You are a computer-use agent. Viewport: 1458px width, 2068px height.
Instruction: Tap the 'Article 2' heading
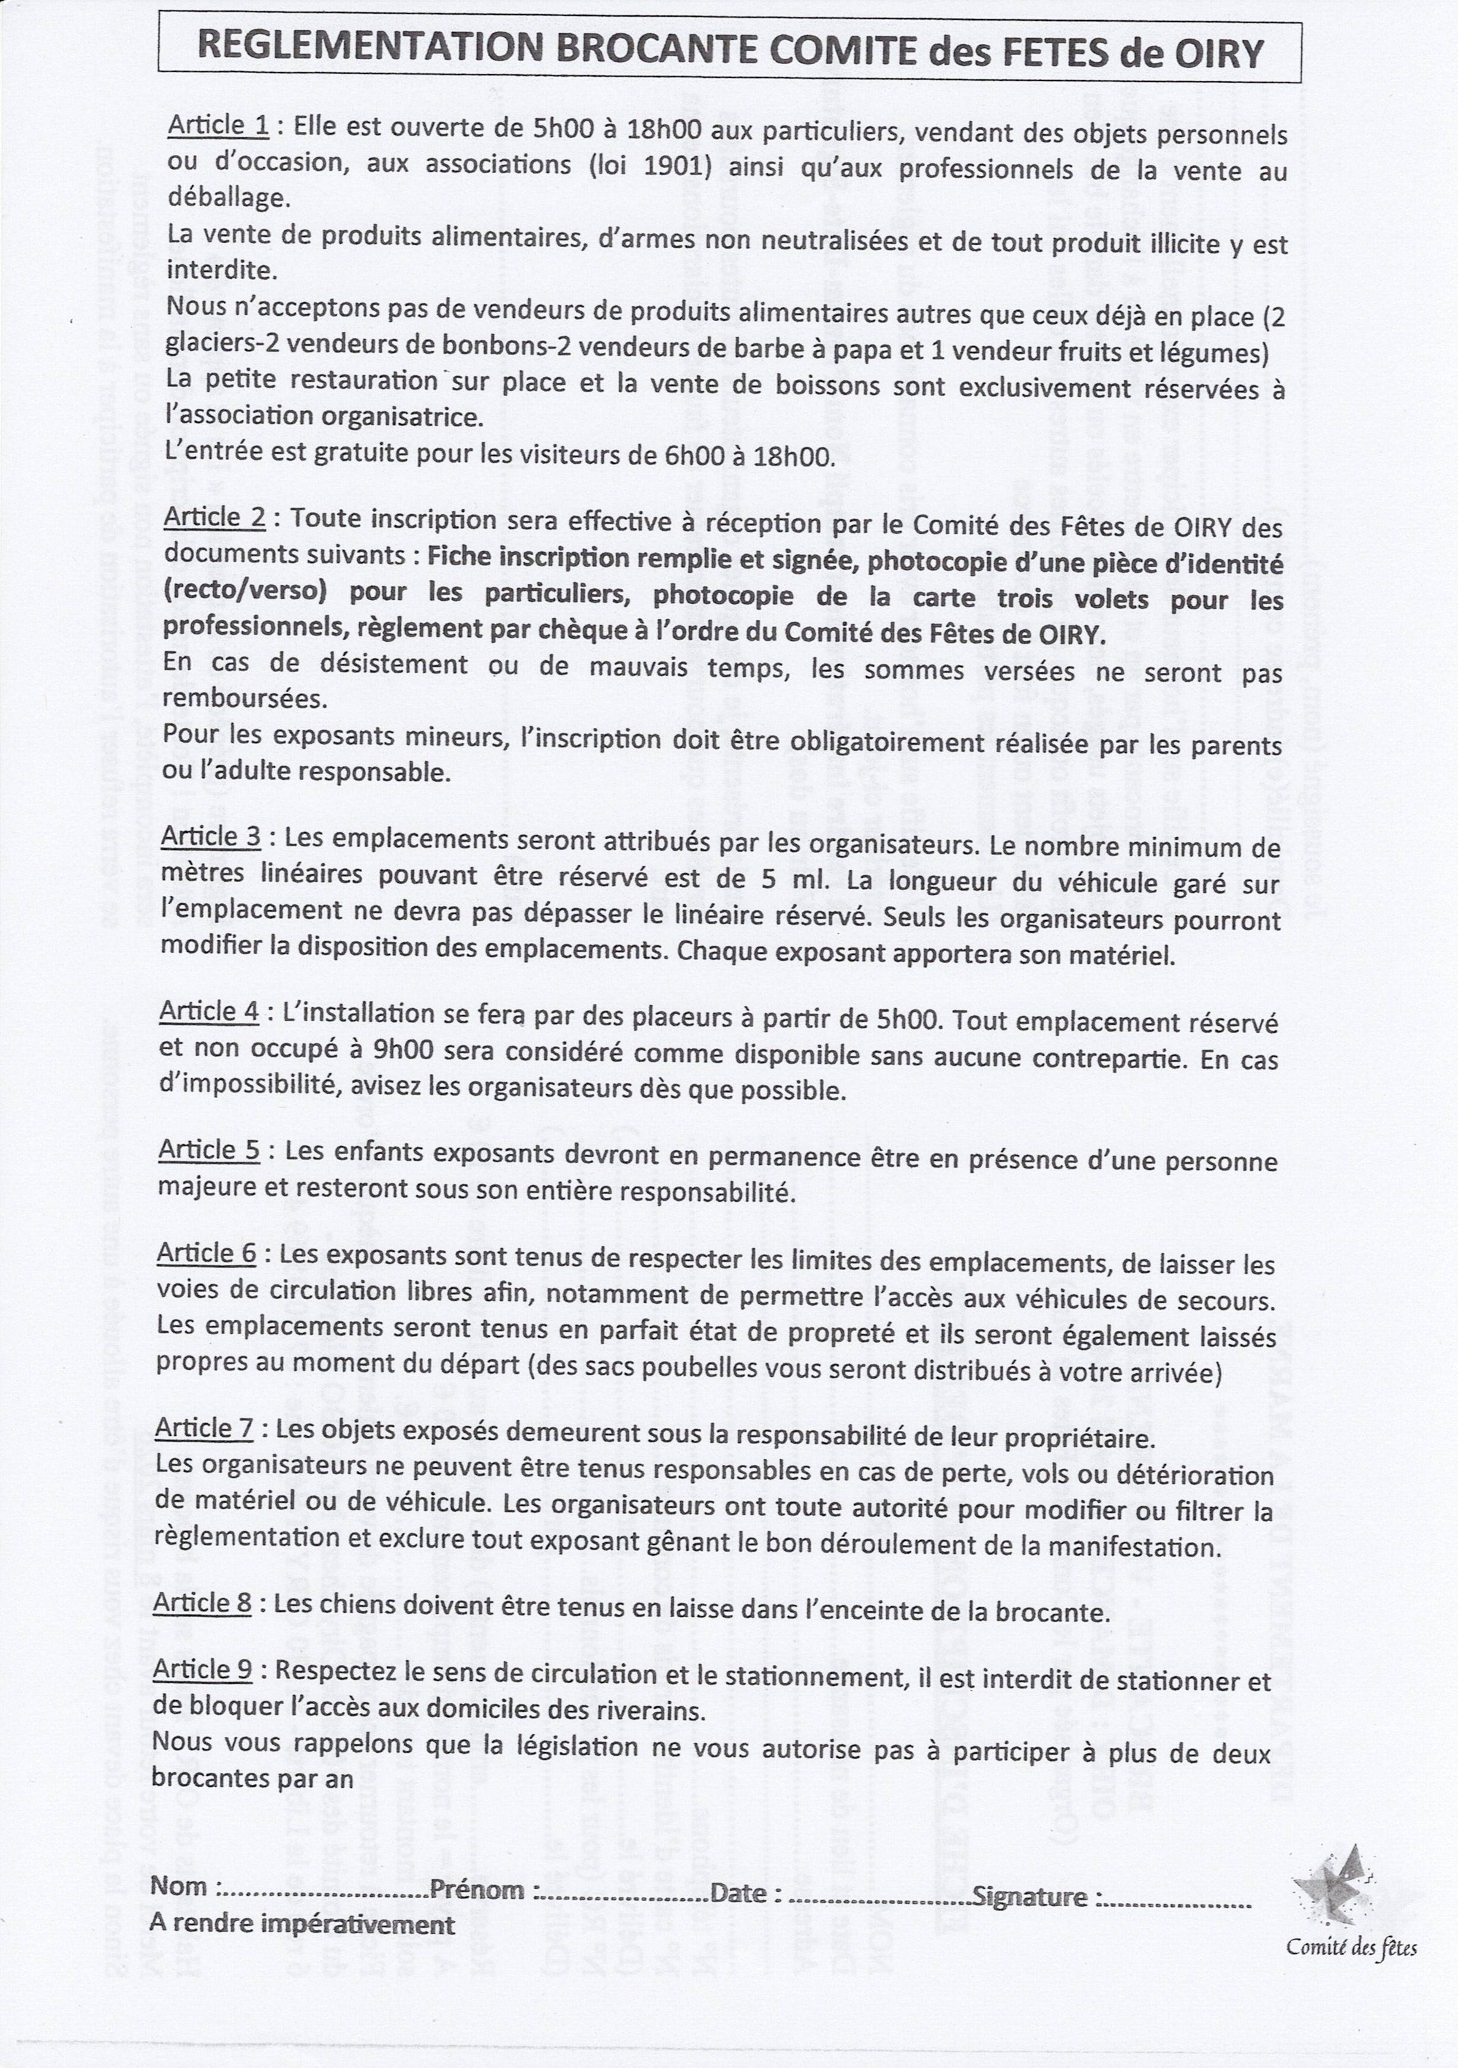[214, 517]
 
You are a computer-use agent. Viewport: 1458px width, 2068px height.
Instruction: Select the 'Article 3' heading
[211, 836]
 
